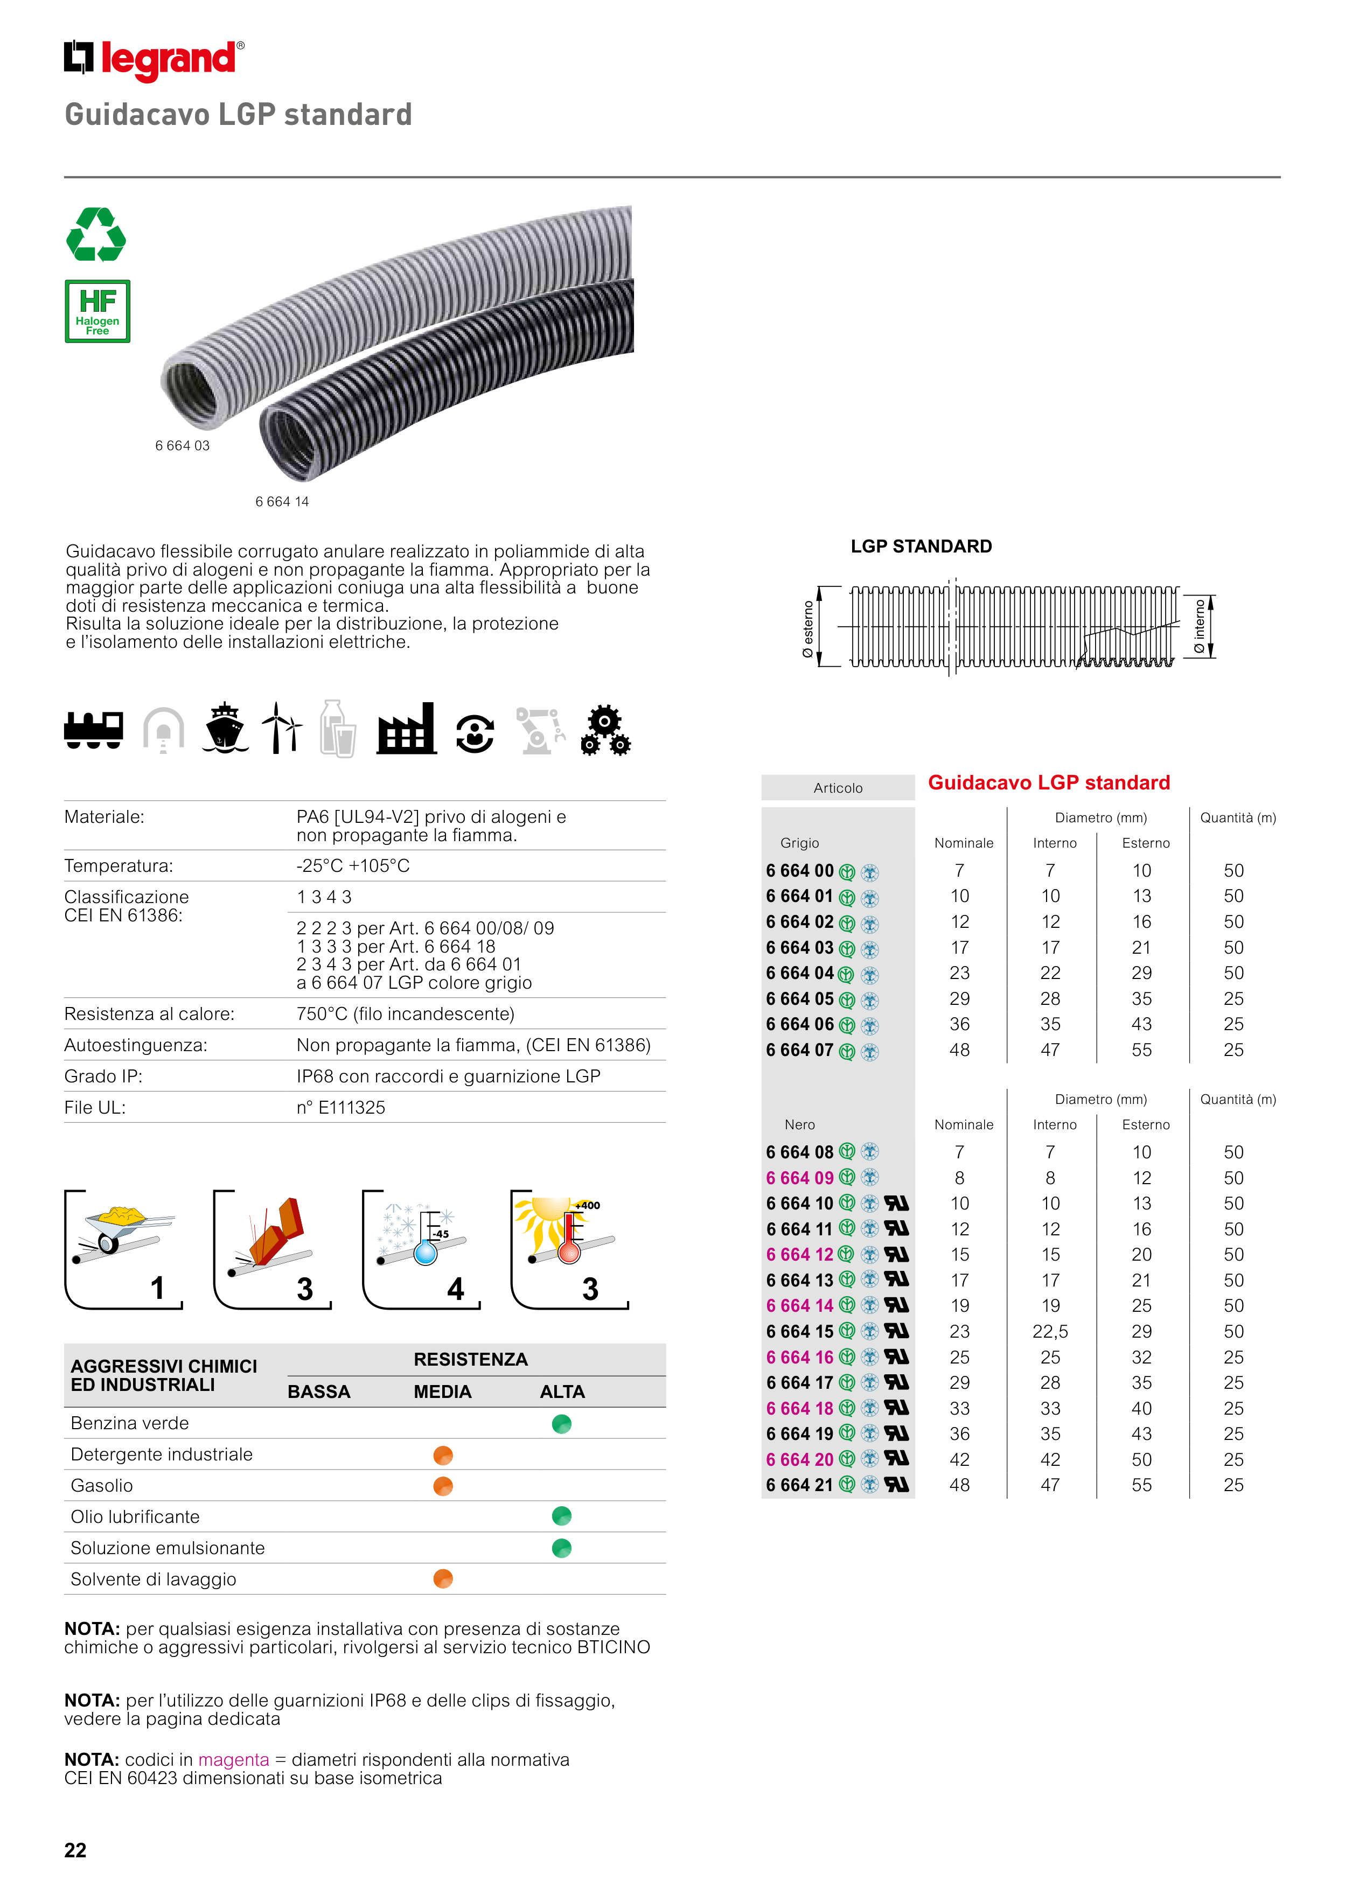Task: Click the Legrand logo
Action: [154, 60]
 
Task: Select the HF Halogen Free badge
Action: [98, 311]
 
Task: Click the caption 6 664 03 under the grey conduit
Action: [182, 446]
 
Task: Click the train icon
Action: [94, 729]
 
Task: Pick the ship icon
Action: [225, 729]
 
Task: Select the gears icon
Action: [606, 731]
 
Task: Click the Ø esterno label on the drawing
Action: [808, 630]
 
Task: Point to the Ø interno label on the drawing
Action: [1199, 627]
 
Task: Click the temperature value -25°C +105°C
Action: [353, 866]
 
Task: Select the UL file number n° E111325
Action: [340, 1108]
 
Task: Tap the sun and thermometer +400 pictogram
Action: [569, 1249]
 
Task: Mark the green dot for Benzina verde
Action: [562, 1424]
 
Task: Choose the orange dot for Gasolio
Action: [443, 1486]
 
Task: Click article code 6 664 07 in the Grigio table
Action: [800, 1051]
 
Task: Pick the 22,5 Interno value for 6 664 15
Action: [1050, 1331]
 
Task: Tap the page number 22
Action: [75, 1850]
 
